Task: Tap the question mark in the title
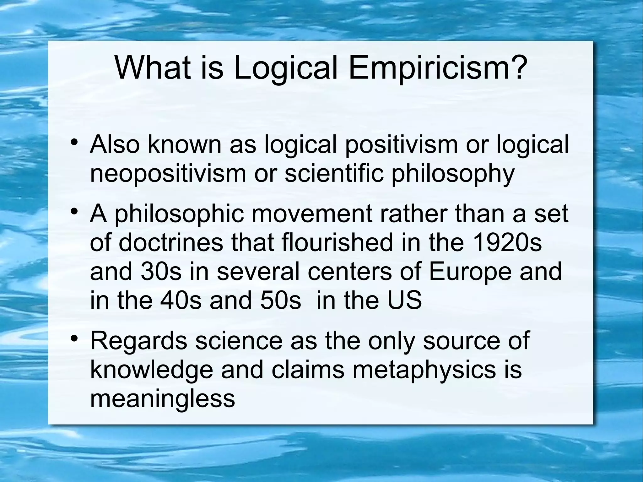(x=515, y=68)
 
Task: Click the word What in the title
(x=153, y=68)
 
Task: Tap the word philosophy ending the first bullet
(x=453, y=174)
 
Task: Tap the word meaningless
(x=163, y=399)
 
